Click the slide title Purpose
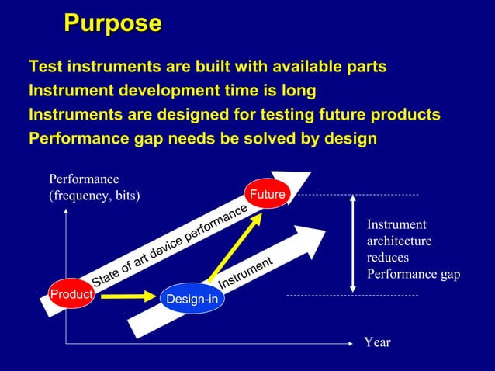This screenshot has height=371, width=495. (112, 23)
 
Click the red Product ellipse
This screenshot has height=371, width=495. (71, 295)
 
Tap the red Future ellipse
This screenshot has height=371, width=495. (266, 195)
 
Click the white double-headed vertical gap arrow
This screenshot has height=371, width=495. (353, 243)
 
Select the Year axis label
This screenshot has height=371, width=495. (377, 342)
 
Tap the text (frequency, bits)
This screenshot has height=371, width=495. (94, 196)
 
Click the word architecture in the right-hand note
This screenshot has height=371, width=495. (399, 241)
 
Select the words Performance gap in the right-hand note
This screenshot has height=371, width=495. (413, 274)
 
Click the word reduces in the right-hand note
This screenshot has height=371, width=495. (387, 258)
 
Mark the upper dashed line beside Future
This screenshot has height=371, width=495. (357, 194)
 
